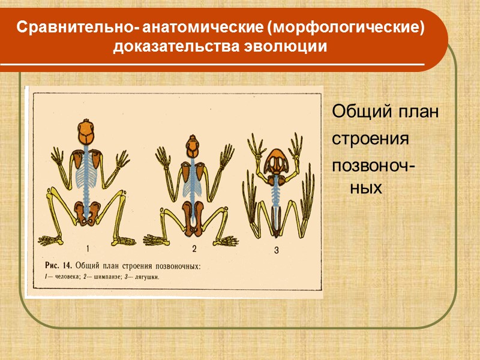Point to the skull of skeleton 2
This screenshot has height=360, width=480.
click(192, 146)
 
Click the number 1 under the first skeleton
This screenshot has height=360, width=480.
click(88, 247)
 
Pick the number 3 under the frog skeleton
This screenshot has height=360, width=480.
click(277, 251)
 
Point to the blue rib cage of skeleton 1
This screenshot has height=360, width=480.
click(88, 174)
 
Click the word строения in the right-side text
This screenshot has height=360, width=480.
click(371, 139)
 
